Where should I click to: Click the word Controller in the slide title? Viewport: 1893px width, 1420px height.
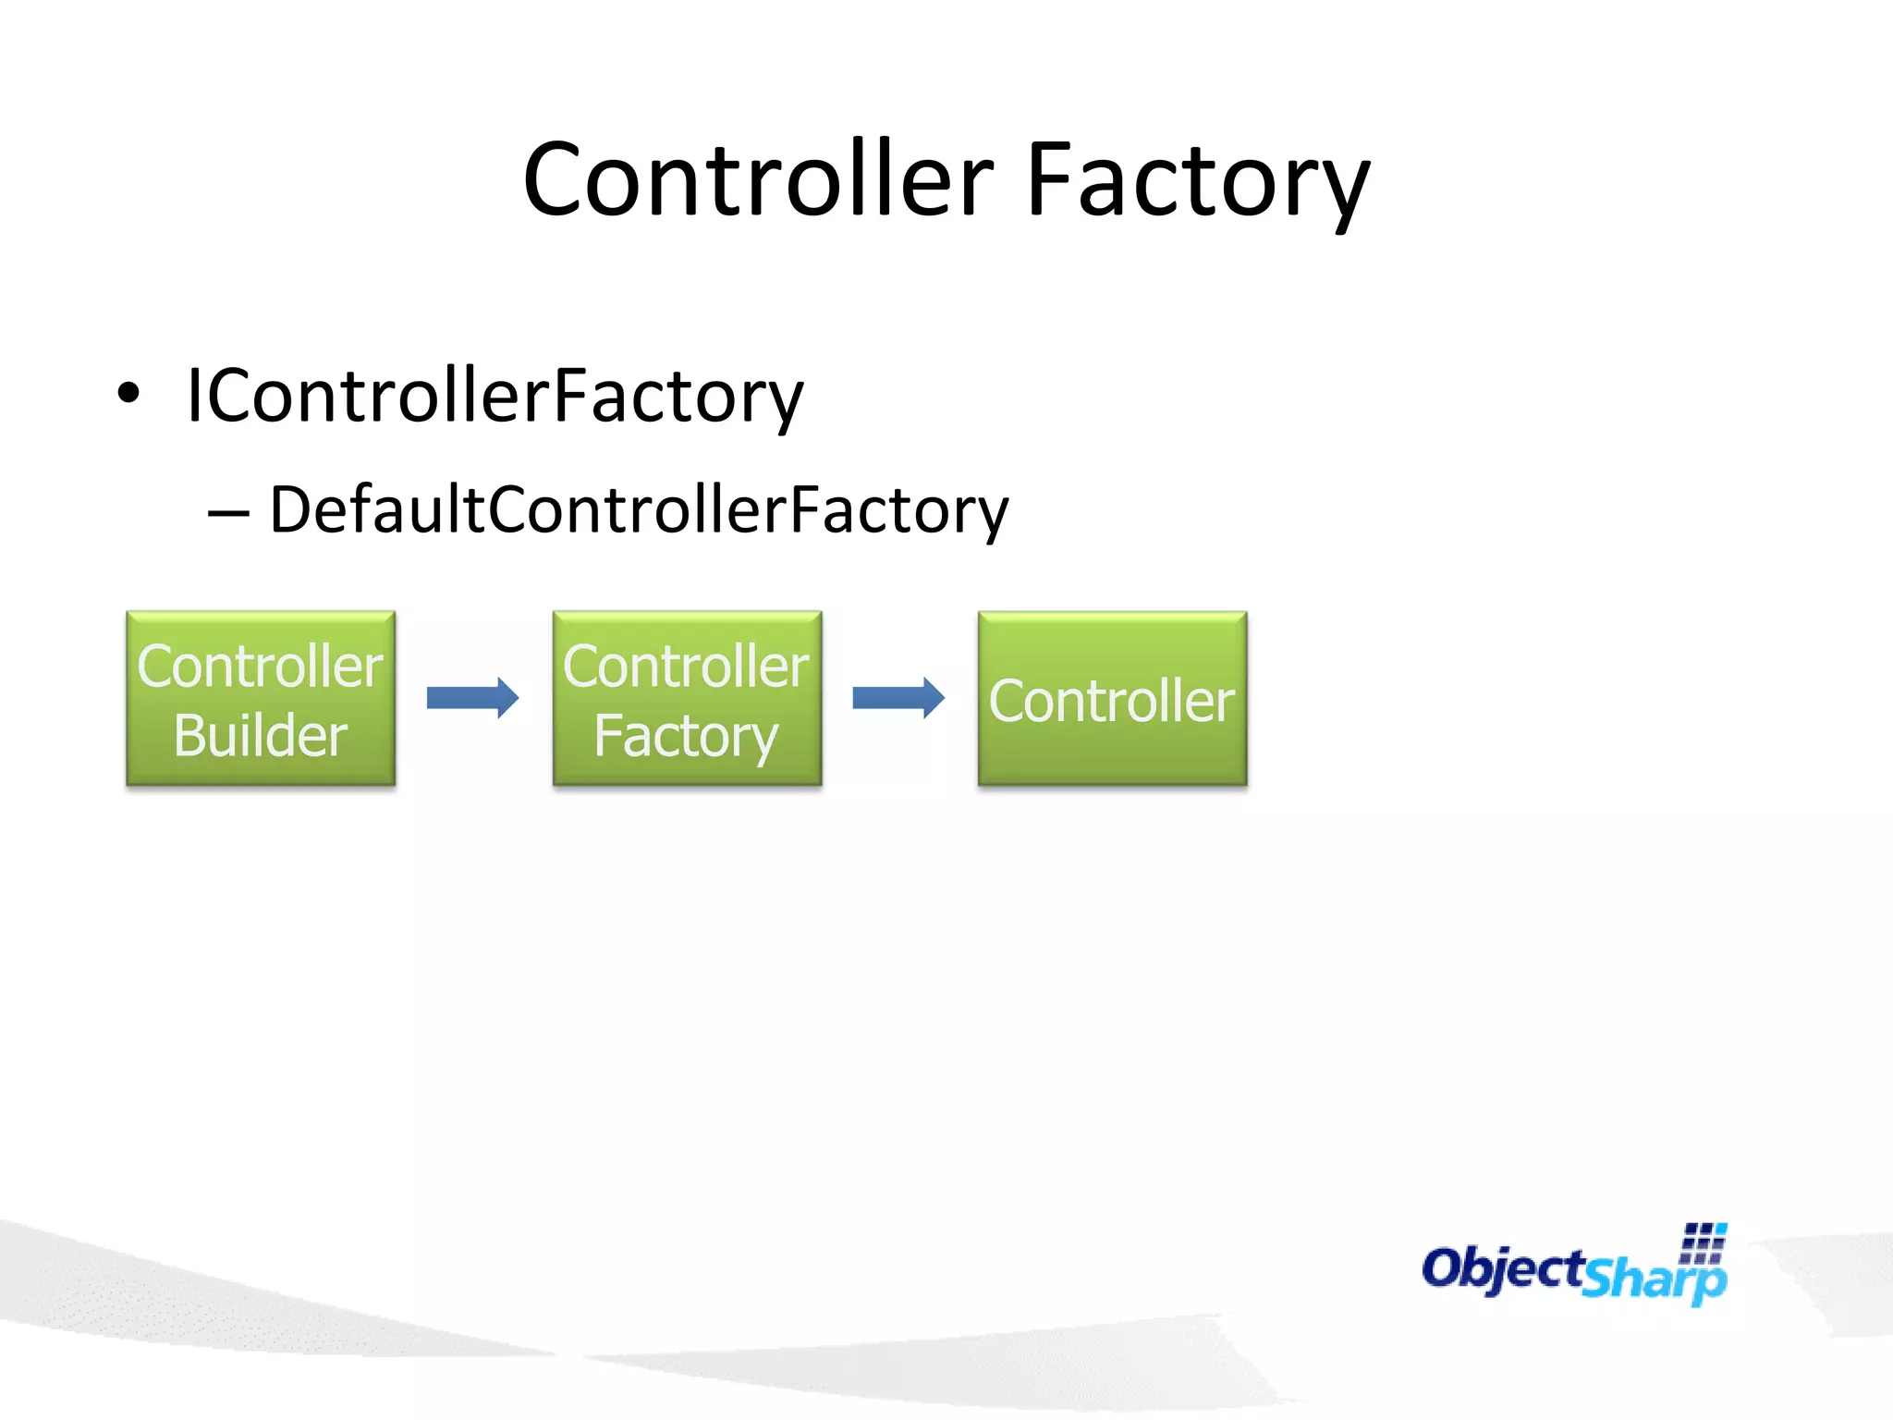(x=758, y=179)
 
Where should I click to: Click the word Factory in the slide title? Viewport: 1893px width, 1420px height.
(x=1197, y=181)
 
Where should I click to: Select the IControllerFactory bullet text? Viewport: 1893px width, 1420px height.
(x=495, y=396)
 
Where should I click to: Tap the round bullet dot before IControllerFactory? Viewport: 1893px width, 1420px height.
(x=129, y=394)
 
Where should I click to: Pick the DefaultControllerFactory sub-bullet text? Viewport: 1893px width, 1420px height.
(x=639, y=509)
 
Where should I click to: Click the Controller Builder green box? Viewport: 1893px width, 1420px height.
(x=261, y=699)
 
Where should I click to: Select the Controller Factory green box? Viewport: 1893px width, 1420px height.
(x=687, y=699)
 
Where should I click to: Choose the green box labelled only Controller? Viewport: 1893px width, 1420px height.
(x=1112, y=699)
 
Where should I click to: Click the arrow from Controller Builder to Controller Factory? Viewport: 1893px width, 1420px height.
(x=472, y=698)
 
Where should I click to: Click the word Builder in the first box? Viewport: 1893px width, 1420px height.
(x=261, y=736)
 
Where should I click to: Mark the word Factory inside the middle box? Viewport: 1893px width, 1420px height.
(x=687, y=737)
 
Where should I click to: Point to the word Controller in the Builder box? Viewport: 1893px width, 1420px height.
(x=261, y=666)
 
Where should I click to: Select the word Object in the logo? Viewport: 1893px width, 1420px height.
(x=1503, y=1268)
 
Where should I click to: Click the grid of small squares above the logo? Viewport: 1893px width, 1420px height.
(x=1704, y=1243)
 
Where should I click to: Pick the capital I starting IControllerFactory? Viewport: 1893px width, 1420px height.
(x=193, y=396)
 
